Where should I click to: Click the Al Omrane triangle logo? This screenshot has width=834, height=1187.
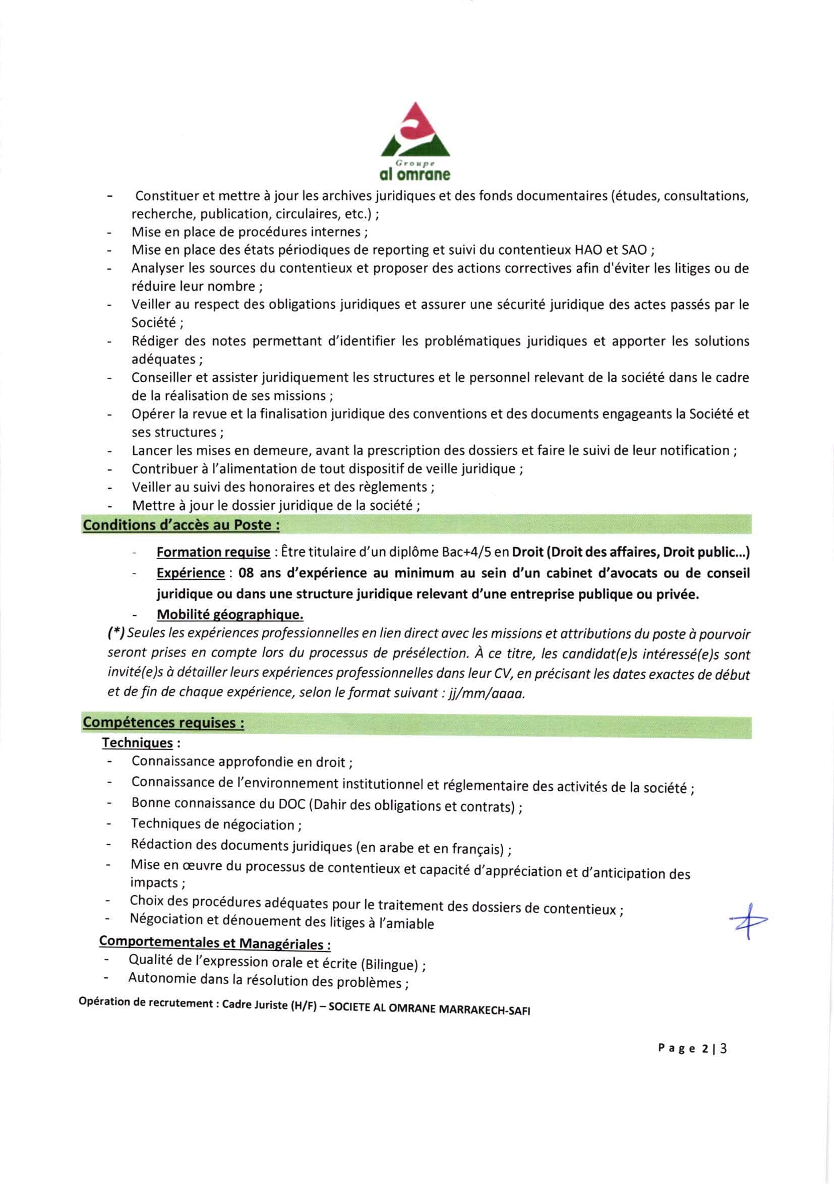[414, 132]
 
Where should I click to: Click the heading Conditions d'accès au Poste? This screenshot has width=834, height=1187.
[182, 525]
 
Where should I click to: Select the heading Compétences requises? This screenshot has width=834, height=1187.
[163, 722]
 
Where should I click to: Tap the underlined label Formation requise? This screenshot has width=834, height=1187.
[213, 552]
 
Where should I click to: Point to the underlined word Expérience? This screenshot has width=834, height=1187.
[190, 573]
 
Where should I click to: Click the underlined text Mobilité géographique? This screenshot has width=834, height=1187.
[229, 615]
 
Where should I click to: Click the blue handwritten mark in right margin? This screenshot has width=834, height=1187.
[748, 921]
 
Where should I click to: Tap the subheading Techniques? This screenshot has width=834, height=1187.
[138, 743]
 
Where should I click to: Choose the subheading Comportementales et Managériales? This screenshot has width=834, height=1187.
[215, 942]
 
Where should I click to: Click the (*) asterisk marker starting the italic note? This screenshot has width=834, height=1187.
[115, 634]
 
